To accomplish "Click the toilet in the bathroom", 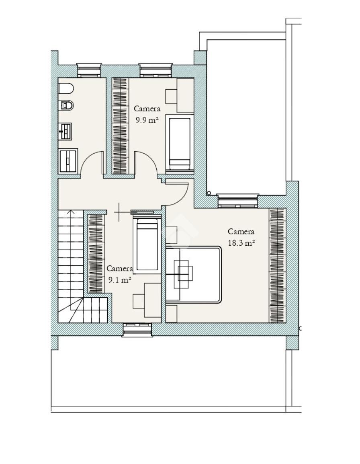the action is point(66,88).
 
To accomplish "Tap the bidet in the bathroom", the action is point(67,105).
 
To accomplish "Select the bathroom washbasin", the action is point(65,131).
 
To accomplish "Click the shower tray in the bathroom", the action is point(68,160).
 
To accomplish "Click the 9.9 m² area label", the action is point(147,120).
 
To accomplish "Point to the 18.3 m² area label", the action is point(241,243).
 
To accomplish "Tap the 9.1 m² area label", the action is point(119,279).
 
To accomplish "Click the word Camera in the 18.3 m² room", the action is point(241,232).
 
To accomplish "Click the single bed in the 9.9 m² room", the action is point(179,142).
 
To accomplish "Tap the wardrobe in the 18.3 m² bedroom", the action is point(277,265).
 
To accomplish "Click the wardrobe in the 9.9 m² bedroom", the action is point(120,125).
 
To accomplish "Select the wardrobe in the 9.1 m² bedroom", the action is point(96,253).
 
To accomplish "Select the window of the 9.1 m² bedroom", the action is point(137,330).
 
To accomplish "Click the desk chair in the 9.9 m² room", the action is point(171,96).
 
